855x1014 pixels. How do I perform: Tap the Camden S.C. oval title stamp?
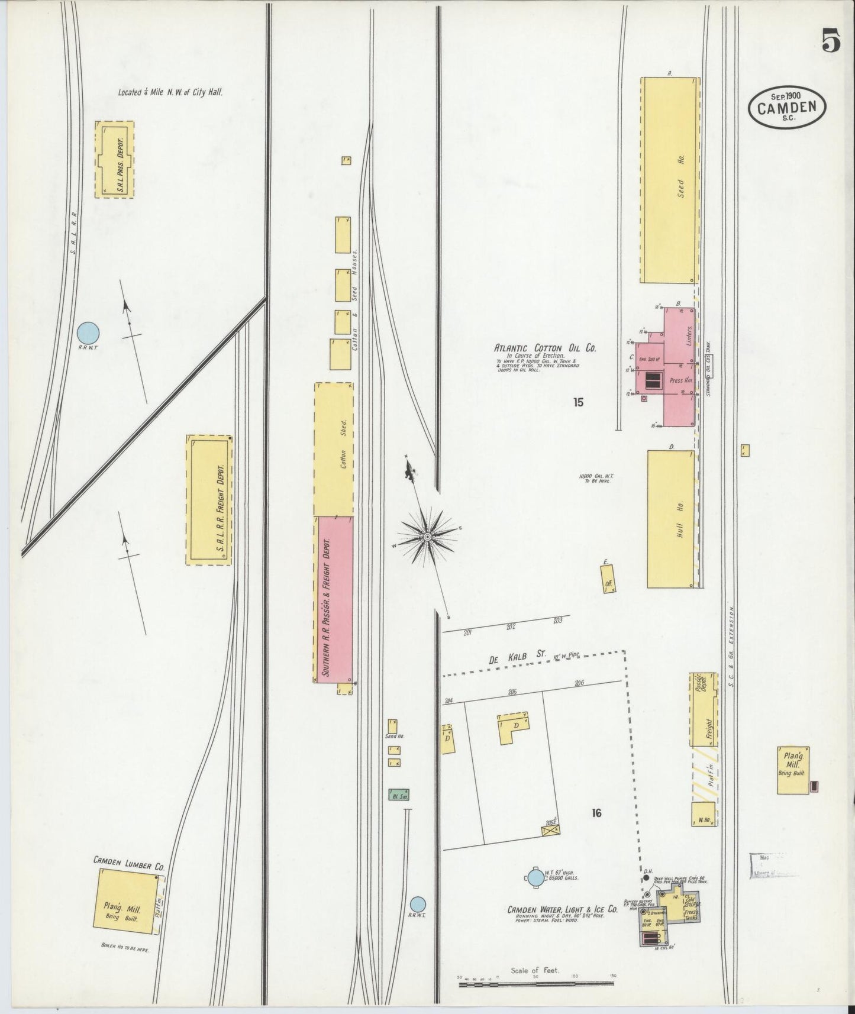789,107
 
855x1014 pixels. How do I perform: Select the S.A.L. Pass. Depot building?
114,159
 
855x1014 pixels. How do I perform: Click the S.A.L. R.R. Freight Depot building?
209,500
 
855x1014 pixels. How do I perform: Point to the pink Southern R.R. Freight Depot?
334,599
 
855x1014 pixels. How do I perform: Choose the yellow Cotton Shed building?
334,449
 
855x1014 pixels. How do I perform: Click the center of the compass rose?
427,537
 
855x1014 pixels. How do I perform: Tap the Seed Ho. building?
669,180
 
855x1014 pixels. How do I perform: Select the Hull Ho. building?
670,519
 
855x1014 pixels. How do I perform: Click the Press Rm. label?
676,381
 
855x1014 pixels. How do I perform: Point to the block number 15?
578,402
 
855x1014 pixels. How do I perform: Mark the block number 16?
596,813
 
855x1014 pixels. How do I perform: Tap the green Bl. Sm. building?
399,795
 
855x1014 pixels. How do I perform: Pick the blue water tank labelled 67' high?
535,877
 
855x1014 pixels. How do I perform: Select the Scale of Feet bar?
535,984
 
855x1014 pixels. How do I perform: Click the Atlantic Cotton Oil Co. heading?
545,349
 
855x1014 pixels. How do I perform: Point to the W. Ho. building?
704,814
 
